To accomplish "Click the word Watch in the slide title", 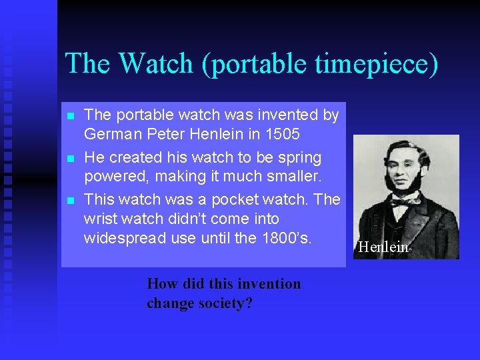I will click(153, 65).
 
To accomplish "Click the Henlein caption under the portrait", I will click(383, 247).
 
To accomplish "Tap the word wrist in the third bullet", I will click(99, 219).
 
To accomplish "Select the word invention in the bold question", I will click(269, 284).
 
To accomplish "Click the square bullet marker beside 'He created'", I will click(70, 159).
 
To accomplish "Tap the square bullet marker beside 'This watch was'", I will click(70, 200).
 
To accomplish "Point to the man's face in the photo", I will click(401, 171).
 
